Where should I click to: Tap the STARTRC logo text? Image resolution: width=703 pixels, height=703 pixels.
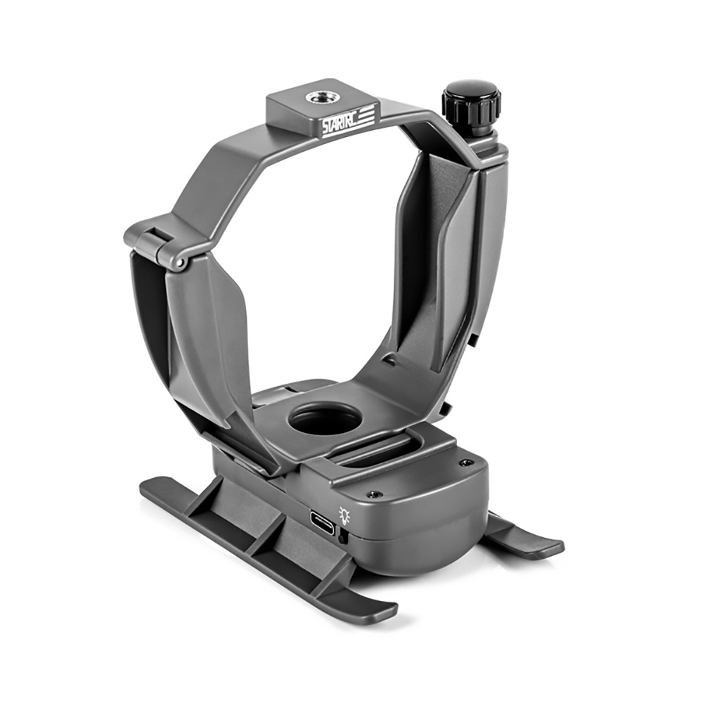point(340,123)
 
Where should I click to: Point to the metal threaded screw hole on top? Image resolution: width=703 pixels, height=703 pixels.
point(318,98)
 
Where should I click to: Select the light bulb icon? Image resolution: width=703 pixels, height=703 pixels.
point(344,515)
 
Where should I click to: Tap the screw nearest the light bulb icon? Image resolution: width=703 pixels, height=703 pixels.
point(373,494)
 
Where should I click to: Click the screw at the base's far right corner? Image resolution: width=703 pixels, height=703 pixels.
point(466,462)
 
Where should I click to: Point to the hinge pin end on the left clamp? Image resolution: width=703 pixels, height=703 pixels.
point(180,263)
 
